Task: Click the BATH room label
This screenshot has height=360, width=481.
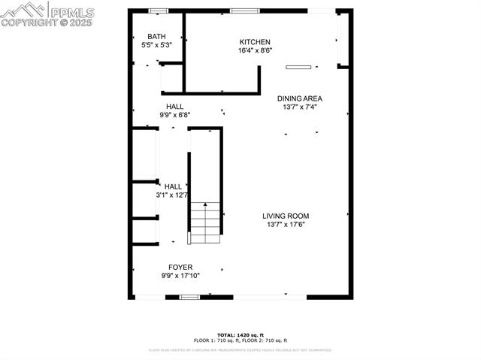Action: click(156, 36)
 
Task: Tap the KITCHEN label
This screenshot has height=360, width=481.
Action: click(255, 42)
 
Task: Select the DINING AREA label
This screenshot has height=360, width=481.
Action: click(300, 98)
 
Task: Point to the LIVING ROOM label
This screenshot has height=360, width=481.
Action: click(286, 216)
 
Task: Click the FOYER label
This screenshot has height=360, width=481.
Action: click(180, 267)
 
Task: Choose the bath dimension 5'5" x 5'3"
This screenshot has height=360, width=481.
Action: click(156, 45)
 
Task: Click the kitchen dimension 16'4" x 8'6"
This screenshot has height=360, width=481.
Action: click(255, 51)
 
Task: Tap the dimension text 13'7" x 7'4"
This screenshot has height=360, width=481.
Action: click(300, 107)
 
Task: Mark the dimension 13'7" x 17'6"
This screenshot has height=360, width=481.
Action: click(286, 225)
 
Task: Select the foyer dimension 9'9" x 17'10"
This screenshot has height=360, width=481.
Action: click(180, 276)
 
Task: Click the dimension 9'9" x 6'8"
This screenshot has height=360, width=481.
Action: click(174, 115)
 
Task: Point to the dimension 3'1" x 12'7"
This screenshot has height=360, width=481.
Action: click(172, 195)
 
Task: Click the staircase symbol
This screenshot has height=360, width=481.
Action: click(205, 222)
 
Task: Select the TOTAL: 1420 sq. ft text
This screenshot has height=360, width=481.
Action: click(240, 335)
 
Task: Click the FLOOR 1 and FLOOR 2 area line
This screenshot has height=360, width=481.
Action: click(240, 341)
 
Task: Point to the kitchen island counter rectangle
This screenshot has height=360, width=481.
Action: click(298, 67)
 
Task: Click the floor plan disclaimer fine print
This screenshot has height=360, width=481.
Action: click(240, 350)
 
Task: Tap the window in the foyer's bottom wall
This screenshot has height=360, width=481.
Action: click(189, 297)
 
